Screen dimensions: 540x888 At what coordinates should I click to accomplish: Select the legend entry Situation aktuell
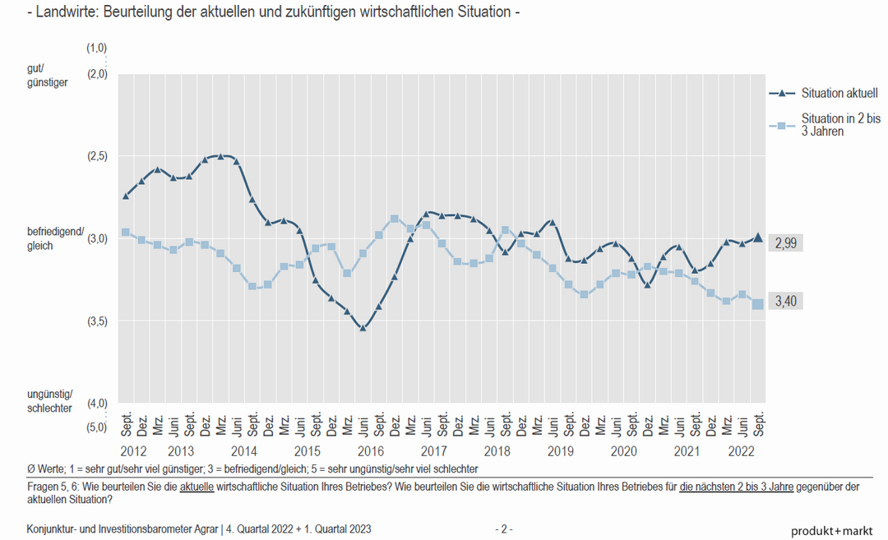(839, 93)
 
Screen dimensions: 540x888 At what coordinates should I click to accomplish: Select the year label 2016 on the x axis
(371, 451)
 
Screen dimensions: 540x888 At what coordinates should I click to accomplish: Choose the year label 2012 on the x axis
(133, 451)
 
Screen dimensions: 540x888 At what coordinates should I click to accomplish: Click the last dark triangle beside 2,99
(758, 238)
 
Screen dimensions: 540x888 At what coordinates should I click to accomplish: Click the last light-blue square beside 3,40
(758, 304)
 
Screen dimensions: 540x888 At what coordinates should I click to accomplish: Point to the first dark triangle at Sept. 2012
(126, 196)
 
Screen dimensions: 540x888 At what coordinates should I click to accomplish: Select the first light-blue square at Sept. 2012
(126, 233)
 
